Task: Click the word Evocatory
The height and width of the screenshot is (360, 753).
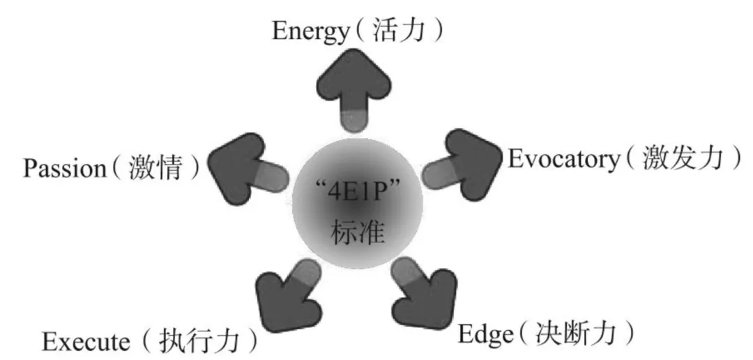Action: (563, 160)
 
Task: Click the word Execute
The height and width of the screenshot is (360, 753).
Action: (86, 342)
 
